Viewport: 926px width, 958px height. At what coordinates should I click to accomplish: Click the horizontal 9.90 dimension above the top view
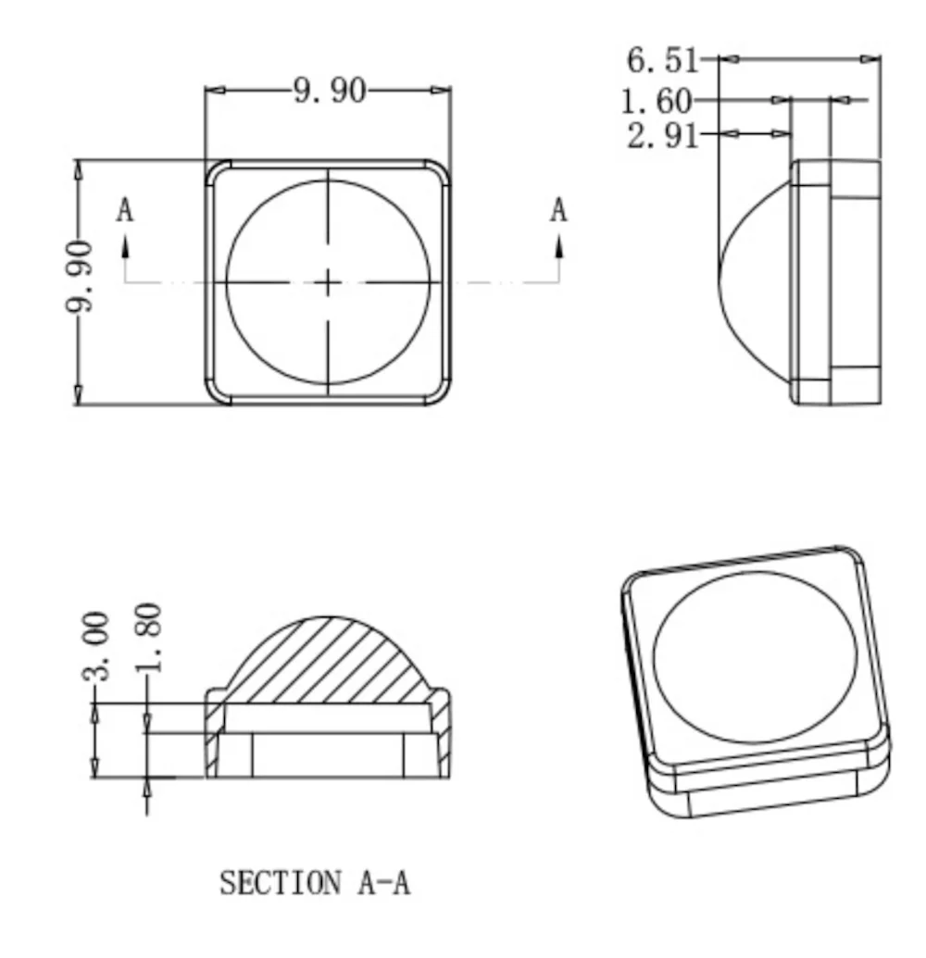pos(330,91)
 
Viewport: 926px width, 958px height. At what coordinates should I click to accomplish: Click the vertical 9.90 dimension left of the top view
pos(80,276)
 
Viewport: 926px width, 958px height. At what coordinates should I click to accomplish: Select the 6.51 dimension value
pos(663,60)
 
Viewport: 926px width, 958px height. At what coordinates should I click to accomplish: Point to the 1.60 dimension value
pos(657,102)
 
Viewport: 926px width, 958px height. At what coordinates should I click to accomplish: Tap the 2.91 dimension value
pos(663,135)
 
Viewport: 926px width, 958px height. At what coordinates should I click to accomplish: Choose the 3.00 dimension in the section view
pos(96,646)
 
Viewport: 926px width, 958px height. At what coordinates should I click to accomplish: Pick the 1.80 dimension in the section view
pos(148,637)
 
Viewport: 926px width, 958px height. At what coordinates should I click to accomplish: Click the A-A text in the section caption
pos(384,883)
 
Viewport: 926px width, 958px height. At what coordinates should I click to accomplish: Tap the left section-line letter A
pos(125,210)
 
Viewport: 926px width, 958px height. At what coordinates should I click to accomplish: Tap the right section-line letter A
pos(558,210)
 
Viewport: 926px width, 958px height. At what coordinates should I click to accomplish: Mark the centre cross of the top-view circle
pos(329,282)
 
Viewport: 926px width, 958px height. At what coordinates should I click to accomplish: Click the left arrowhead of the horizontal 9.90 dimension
pos(215,91)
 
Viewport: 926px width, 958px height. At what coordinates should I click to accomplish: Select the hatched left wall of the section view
pos(212,733)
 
